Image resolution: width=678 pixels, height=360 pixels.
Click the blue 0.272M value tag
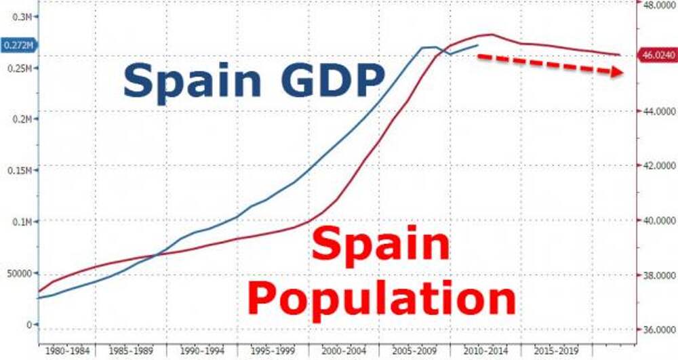pos(18,45)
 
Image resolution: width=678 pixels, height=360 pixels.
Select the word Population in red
pos(381,296)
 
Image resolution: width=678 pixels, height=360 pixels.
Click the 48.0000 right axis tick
pos(656,5)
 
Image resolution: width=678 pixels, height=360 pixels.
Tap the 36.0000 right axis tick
pos(656,330)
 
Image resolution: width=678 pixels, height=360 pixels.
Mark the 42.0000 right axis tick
pos(656,165)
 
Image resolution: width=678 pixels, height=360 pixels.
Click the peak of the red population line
pos(492,34)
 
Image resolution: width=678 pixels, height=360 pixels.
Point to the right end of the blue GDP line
pos(479,45)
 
